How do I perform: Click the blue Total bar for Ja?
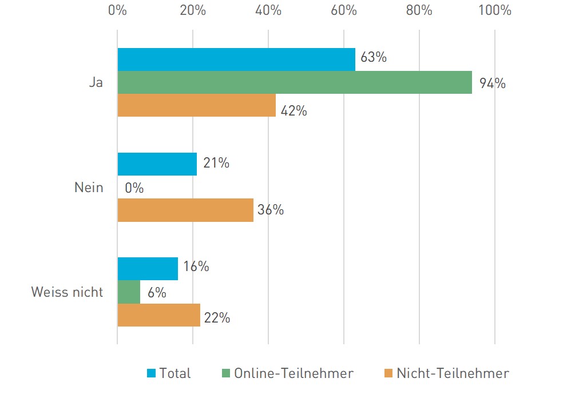tap(236, 59)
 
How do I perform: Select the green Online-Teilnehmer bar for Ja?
tap(295, 82)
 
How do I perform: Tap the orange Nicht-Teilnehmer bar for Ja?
tap(196, 105)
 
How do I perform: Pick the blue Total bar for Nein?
tap(157, 164)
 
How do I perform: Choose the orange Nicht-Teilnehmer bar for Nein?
tap(185, 210)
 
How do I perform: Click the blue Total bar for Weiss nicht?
tap(148, 269)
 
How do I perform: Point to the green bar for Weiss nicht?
tap(129, 292)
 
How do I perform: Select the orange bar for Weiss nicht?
tap(159, 315)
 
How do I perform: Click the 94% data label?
tap(493, 83)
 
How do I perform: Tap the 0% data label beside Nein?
tap(134, 188)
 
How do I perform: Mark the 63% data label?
tap(374, 58)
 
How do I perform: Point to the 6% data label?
tap(156, 293)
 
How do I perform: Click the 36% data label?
tap(271, 210)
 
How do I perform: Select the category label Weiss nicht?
tap(67, 292)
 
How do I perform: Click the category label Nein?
tap(89, 187)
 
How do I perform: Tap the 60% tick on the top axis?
tap(344, 11)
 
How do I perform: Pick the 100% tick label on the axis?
tap(494, 11)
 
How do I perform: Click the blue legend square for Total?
tap(151, 374)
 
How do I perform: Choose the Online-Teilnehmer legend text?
tap(294, 374)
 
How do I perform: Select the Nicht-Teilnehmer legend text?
tap(453, 374)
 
